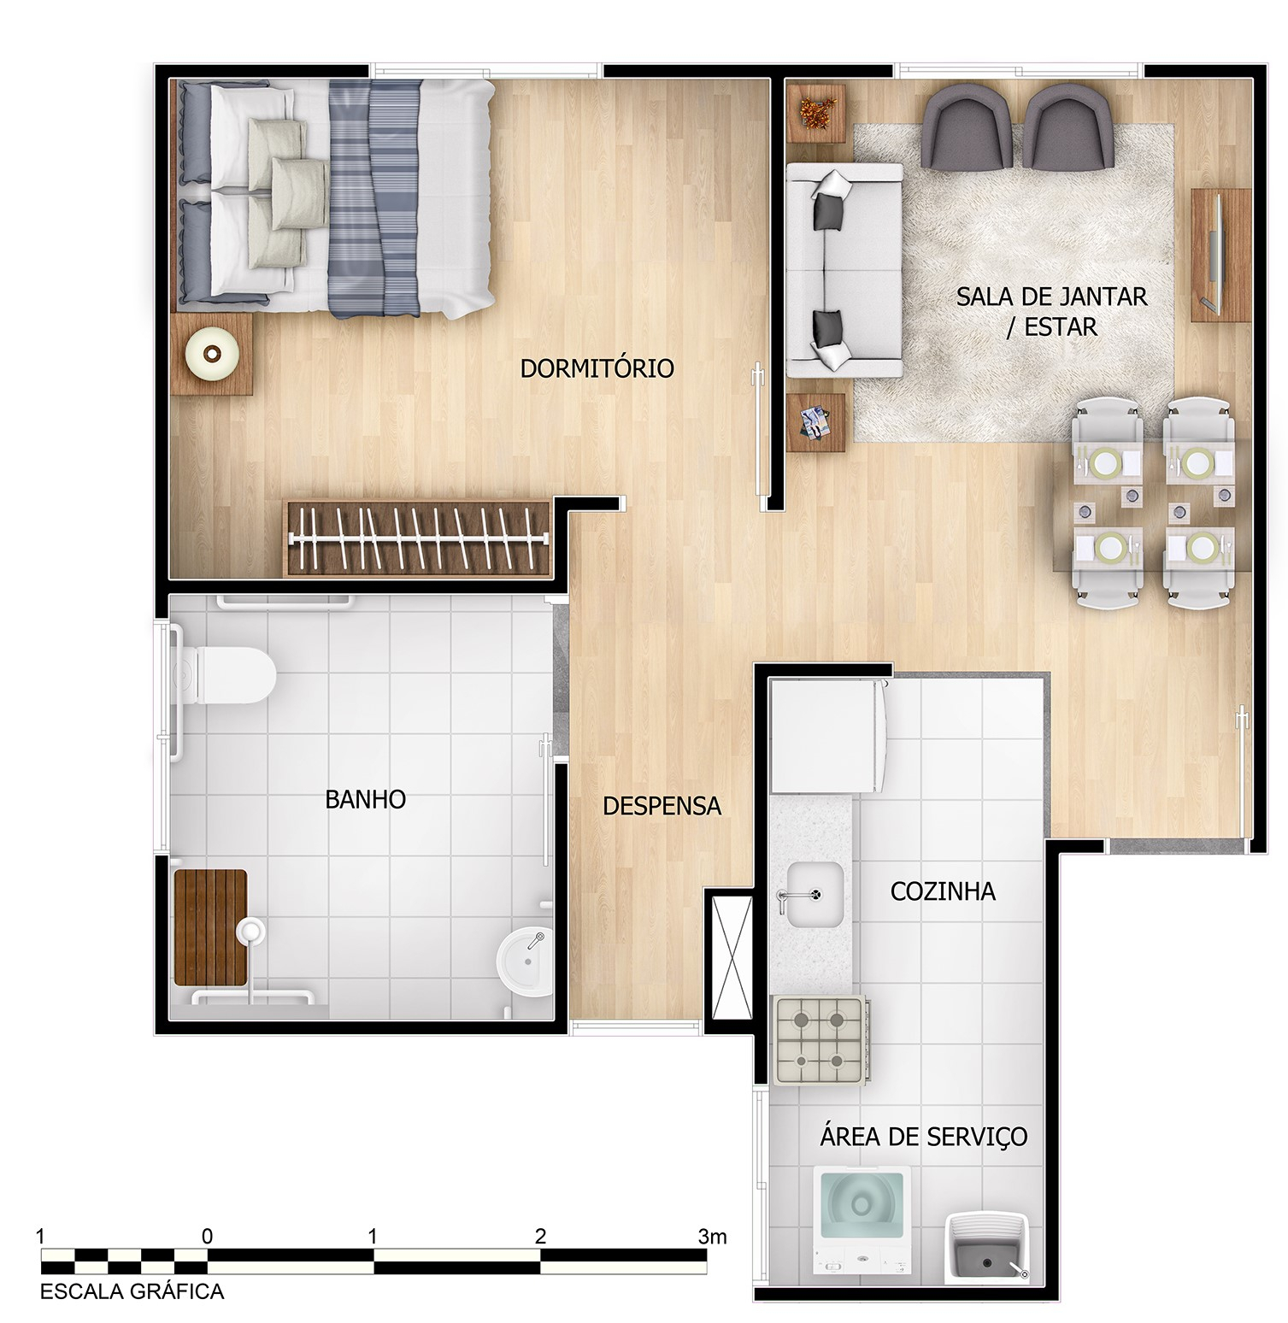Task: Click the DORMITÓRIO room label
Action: point(597,368)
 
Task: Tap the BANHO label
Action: point(365,799)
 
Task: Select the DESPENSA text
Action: point(662,806)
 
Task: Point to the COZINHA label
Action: point(943,891)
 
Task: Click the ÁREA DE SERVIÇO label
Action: point(923,1137)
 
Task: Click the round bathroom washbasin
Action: point(526,963)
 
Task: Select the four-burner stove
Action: point(821,1040)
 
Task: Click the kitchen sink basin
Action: point(815,895)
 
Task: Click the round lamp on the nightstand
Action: point(209,354)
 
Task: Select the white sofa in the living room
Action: point(844,270)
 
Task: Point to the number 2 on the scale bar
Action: point(540,1236)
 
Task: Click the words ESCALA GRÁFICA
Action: point(132,1291)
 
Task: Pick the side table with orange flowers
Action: point(816,113)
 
